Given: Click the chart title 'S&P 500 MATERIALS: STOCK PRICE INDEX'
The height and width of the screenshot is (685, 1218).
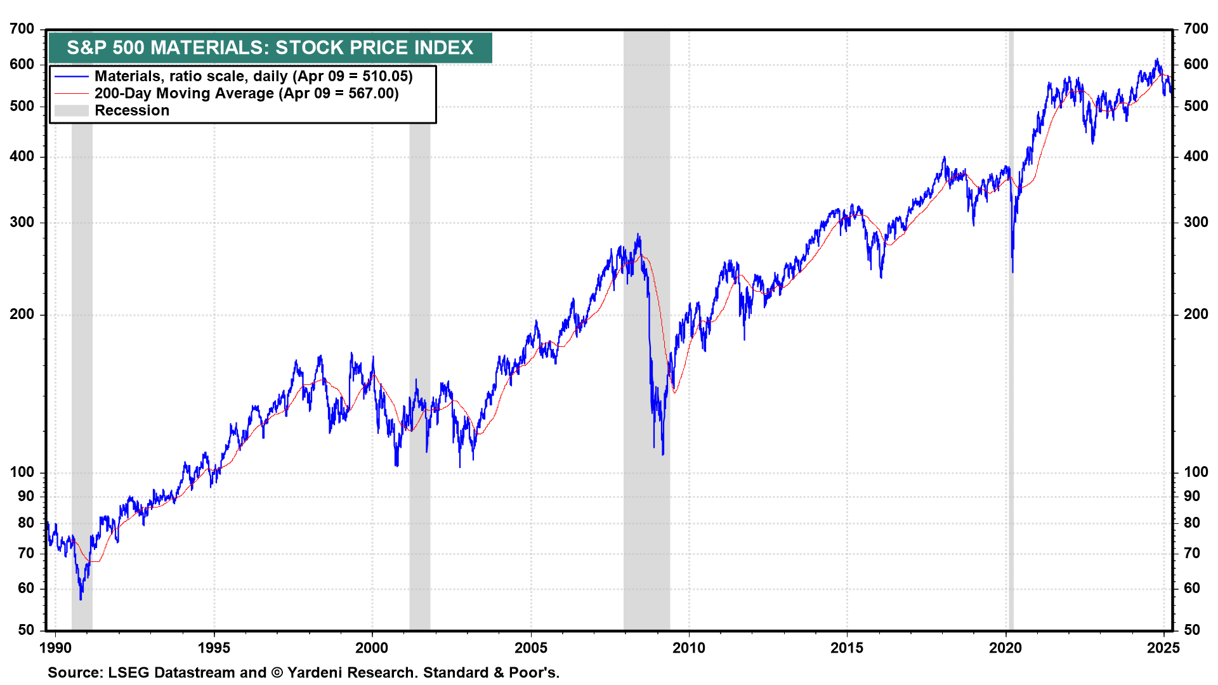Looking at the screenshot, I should pos(270,48).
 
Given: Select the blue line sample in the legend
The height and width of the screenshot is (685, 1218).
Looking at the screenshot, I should pos(71,77).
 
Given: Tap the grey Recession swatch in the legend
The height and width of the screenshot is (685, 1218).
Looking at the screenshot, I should pos(71,111).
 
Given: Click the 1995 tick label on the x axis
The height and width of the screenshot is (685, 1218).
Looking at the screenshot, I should pos(214,648).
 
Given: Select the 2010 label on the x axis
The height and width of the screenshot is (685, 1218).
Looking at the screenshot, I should pos(689,648).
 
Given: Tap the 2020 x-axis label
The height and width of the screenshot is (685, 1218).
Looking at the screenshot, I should pos(1005,648).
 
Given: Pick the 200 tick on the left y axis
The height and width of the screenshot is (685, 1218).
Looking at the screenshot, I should pos(22,315).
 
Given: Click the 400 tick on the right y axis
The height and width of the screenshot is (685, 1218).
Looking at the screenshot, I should pos(1196,157).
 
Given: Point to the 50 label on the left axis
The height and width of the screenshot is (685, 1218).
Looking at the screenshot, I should pos(26,630).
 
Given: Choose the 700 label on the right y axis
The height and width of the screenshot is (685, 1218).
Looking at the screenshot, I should pos(1196,29).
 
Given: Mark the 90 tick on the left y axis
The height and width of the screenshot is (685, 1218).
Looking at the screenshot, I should pos(26,497).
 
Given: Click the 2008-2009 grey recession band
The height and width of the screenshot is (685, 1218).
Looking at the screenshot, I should pos(646,507).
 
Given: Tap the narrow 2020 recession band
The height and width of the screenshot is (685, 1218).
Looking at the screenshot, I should pos(1011,507).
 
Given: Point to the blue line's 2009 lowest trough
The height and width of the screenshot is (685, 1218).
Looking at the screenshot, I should pos(663,454).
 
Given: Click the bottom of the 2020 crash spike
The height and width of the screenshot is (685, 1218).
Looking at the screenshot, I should pos(1012,271).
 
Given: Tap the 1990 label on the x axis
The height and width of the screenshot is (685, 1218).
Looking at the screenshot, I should pos(56,648).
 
